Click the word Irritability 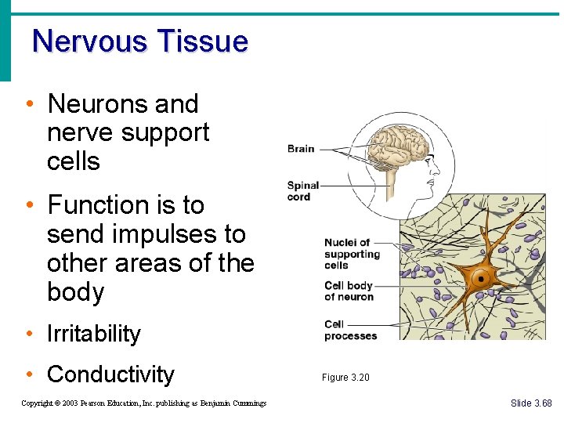(94, 334)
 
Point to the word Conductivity (110, 374)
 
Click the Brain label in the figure (301, 148)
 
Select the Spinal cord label (303, 191)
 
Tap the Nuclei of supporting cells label (352, 254)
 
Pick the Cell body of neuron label (349, 291)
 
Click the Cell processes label (350, 330)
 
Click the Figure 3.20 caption (345, 378)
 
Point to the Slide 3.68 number (531, 403)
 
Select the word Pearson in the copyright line (96, 403)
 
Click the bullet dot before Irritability (29, 334)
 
